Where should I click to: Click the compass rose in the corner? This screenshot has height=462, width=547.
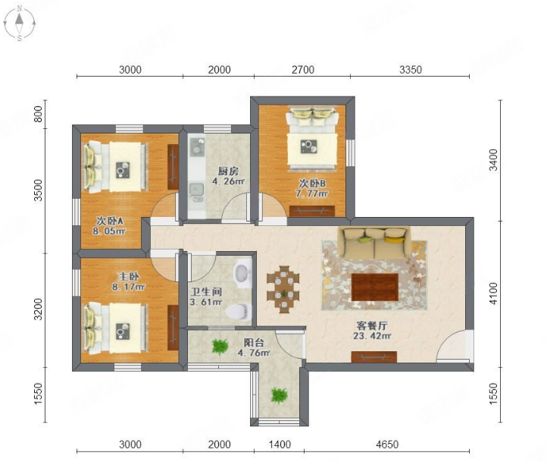pos(19,23)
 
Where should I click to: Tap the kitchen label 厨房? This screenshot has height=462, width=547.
pos(228,171)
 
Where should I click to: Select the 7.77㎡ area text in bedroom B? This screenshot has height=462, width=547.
pos(312,193)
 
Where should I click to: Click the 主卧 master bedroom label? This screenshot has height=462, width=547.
pos(128,277)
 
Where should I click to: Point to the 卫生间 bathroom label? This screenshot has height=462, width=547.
pos(206,291)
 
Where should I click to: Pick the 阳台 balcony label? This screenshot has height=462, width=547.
pos(254,342)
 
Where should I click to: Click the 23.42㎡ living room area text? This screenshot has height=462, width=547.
pos(372,336)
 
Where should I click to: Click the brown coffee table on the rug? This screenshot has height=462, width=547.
pos(375,287)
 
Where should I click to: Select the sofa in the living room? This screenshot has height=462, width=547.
pos(375,243)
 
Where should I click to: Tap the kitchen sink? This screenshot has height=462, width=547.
pos(197,189)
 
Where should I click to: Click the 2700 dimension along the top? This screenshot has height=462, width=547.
pos(303,70)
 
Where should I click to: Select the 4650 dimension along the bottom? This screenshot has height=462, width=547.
pos(387,445)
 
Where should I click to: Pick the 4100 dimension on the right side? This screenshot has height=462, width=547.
pos(494,294)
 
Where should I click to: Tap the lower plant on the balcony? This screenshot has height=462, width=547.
pos(279,396)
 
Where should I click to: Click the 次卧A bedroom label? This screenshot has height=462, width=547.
pos(110,221)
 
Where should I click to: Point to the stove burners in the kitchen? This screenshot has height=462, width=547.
pos(197,146)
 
